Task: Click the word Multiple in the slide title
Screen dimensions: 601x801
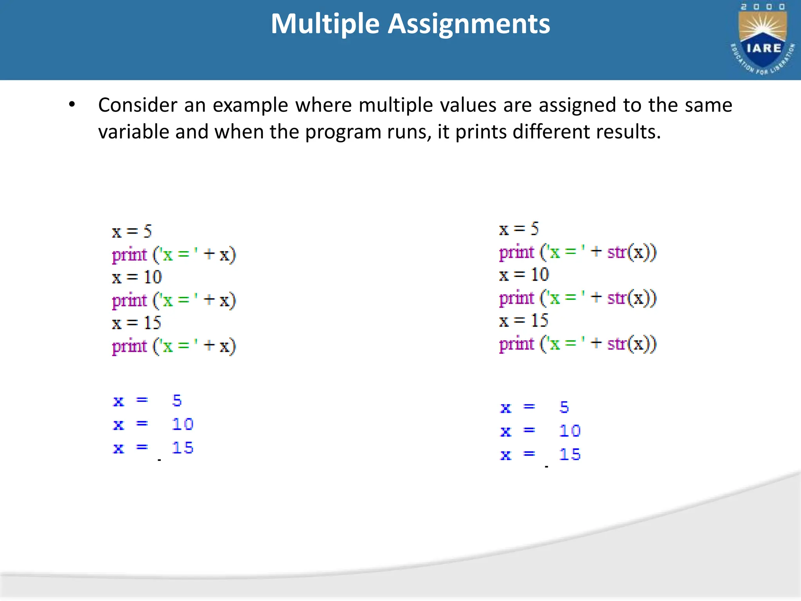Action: coord(325,24)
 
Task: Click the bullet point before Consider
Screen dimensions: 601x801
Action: coord(72,105)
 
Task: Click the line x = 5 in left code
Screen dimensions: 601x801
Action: coord(132,232)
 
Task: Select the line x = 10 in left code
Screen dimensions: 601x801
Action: coord(137,277)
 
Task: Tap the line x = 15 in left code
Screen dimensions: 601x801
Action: coord(137,323)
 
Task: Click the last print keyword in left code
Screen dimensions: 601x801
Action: coord(129,346)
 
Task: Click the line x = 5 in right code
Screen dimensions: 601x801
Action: coord(519,229)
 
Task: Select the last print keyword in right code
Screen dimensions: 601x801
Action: coord(517,344)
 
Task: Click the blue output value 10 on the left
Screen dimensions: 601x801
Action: coord(183,425)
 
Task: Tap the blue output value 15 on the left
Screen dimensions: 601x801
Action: coord(183,448)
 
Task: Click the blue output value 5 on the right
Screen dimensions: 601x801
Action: coord(564,408)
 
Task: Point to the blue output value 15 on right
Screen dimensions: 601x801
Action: coord(570,455)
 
